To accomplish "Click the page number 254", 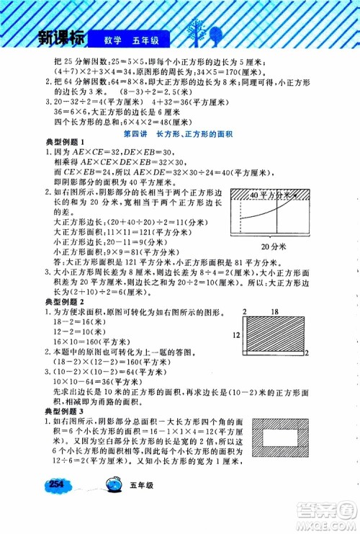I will pyautogui.click(x=58, y=505).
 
